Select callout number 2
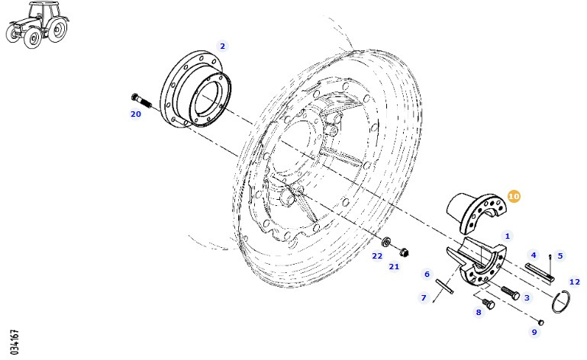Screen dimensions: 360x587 [x=222, y=46]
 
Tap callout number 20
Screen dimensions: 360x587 [x=135, y=114]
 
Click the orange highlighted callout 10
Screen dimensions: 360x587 [x=514, y=197]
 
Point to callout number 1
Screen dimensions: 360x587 [x=508, y=236]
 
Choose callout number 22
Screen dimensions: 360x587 [x=377, y=256]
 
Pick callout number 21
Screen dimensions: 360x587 [x=394, y=266]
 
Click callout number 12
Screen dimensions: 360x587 [x=575, y=281]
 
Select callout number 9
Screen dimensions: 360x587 [x=534, y=331]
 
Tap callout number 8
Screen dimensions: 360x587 [x=479, y=311]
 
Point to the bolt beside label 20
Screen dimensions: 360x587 [x=142, y=100]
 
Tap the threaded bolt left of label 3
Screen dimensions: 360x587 [x=509, y=292]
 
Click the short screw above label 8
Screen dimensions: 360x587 [x=489, y=304]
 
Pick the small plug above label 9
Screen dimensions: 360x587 [x=540, y=321]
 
